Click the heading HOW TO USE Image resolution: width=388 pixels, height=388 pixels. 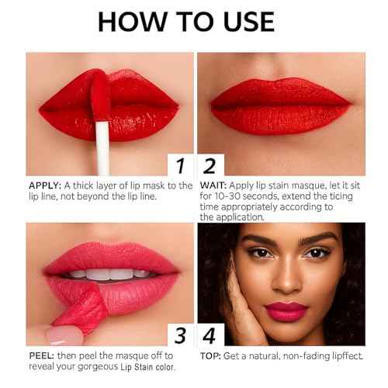185,22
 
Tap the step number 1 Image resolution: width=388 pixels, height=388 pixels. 180,165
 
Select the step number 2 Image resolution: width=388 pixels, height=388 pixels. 209,165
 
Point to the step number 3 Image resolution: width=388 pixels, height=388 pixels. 180,335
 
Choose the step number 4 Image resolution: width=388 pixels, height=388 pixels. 209,335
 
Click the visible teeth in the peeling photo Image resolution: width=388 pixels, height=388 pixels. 109,273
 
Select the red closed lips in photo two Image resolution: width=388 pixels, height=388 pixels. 281,105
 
